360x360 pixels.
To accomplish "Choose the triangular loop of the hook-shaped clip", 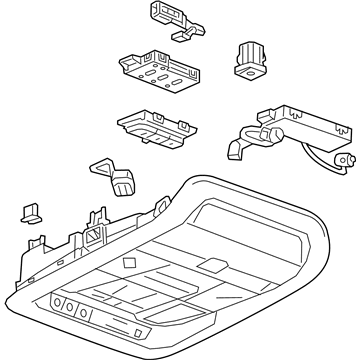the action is (101, 166).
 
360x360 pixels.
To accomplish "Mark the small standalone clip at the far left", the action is (28, 213).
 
